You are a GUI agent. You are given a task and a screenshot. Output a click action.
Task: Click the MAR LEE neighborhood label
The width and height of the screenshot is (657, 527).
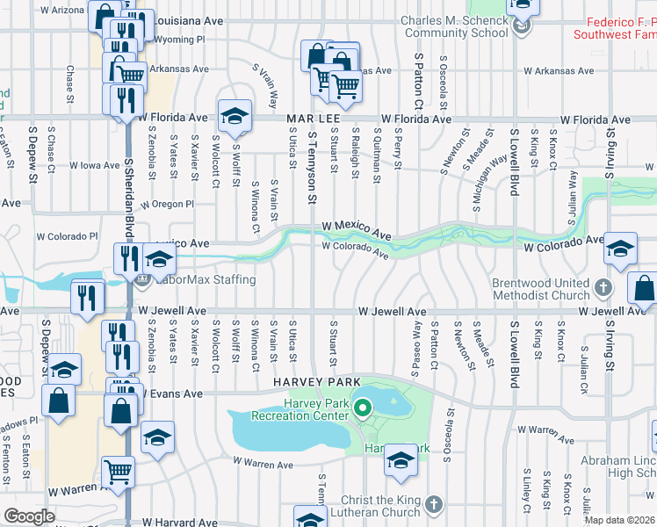tap(307, 119)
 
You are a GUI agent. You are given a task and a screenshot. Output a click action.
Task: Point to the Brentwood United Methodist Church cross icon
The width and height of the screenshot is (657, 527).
tap(603, 287)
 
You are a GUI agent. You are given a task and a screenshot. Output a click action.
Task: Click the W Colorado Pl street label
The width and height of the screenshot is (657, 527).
tap(67, 236)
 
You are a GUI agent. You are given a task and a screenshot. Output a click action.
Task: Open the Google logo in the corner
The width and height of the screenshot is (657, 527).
tap(30, 516)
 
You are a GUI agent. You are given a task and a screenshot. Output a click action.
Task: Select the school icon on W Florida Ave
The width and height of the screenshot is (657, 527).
tap(235, 117)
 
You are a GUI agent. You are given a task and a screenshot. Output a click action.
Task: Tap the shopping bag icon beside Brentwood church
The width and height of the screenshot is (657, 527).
tap(643, 289)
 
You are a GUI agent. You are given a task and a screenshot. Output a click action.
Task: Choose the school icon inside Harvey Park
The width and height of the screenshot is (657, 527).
tap(401, 460)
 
